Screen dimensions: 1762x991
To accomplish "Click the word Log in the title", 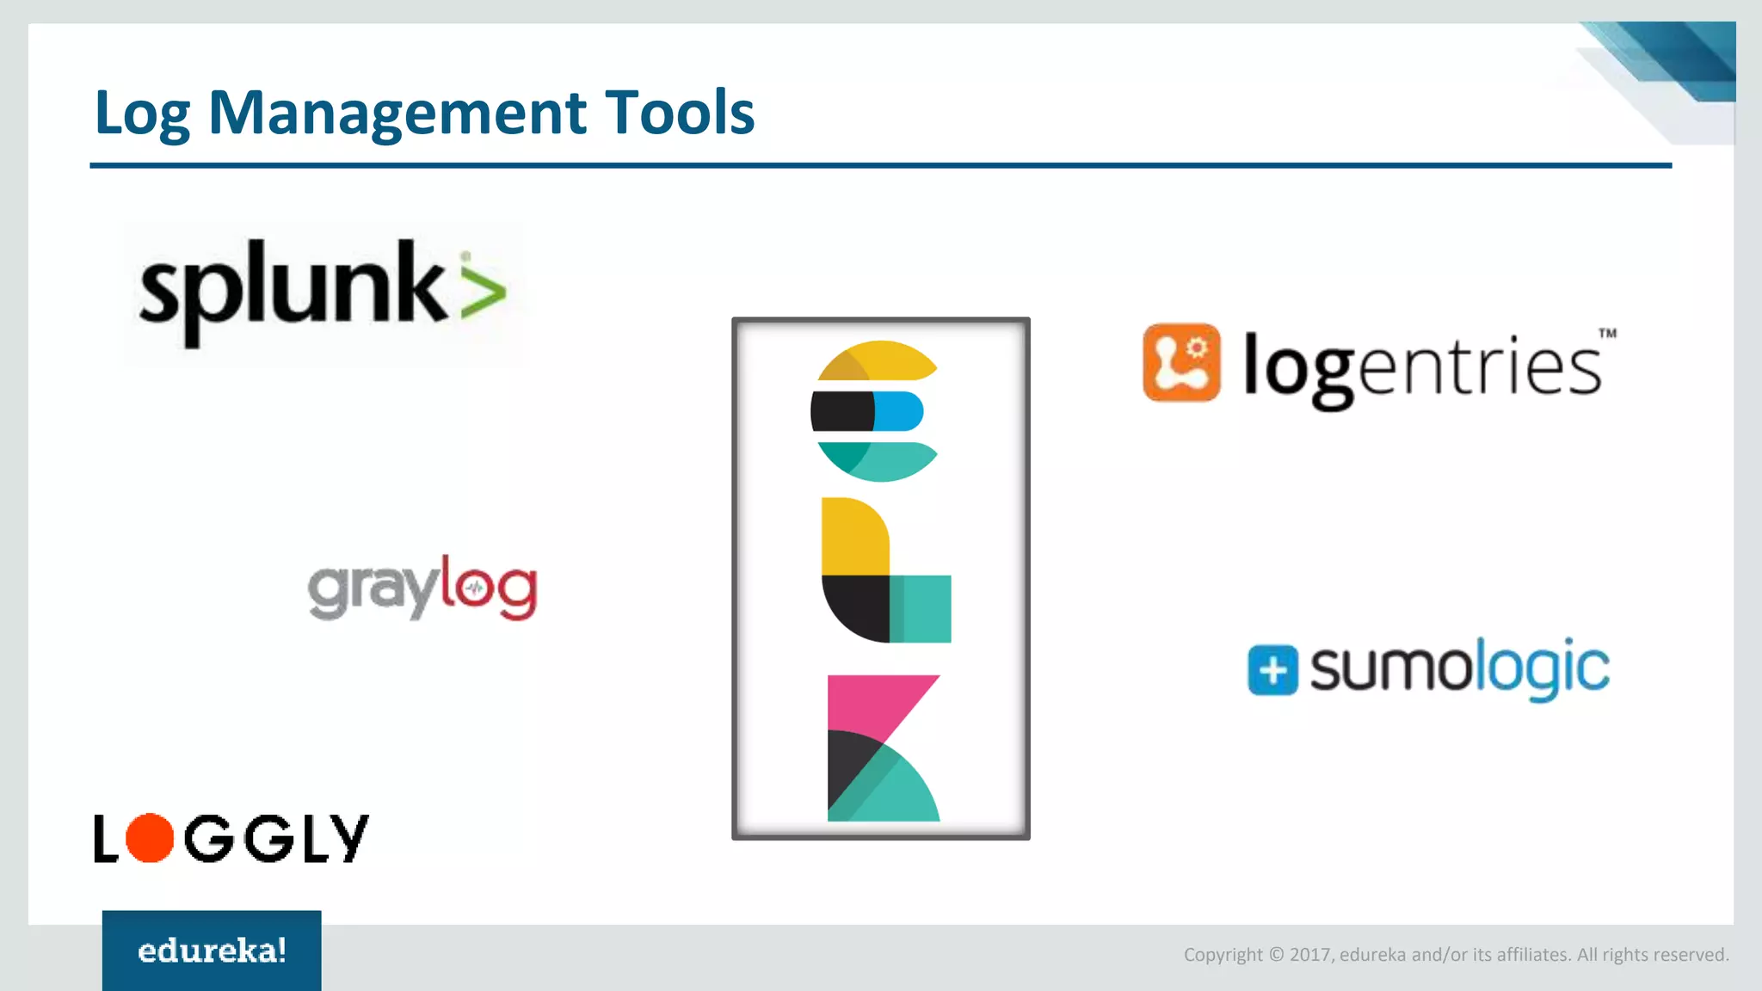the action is [x=141, y=114].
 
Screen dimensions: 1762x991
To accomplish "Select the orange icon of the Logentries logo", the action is [x=1181, y=362].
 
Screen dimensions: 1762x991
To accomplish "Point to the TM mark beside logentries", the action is [x=1607, y=333].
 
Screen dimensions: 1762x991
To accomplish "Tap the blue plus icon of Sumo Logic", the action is [x=1272, y=669].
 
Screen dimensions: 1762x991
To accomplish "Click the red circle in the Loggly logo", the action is [x=150, y=838].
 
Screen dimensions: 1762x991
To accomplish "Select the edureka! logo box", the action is [x=212, y=950].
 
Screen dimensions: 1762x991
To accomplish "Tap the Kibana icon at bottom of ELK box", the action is [x=883, y=748].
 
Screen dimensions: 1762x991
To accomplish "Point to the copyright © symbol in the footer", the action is [x=1276, y=955].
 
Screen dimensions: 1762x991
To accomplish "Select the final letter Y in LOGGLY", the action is [x=351, y=838].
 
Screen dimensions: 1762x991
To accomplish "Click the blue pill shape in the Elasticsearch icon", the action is [x=899, y=411].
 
